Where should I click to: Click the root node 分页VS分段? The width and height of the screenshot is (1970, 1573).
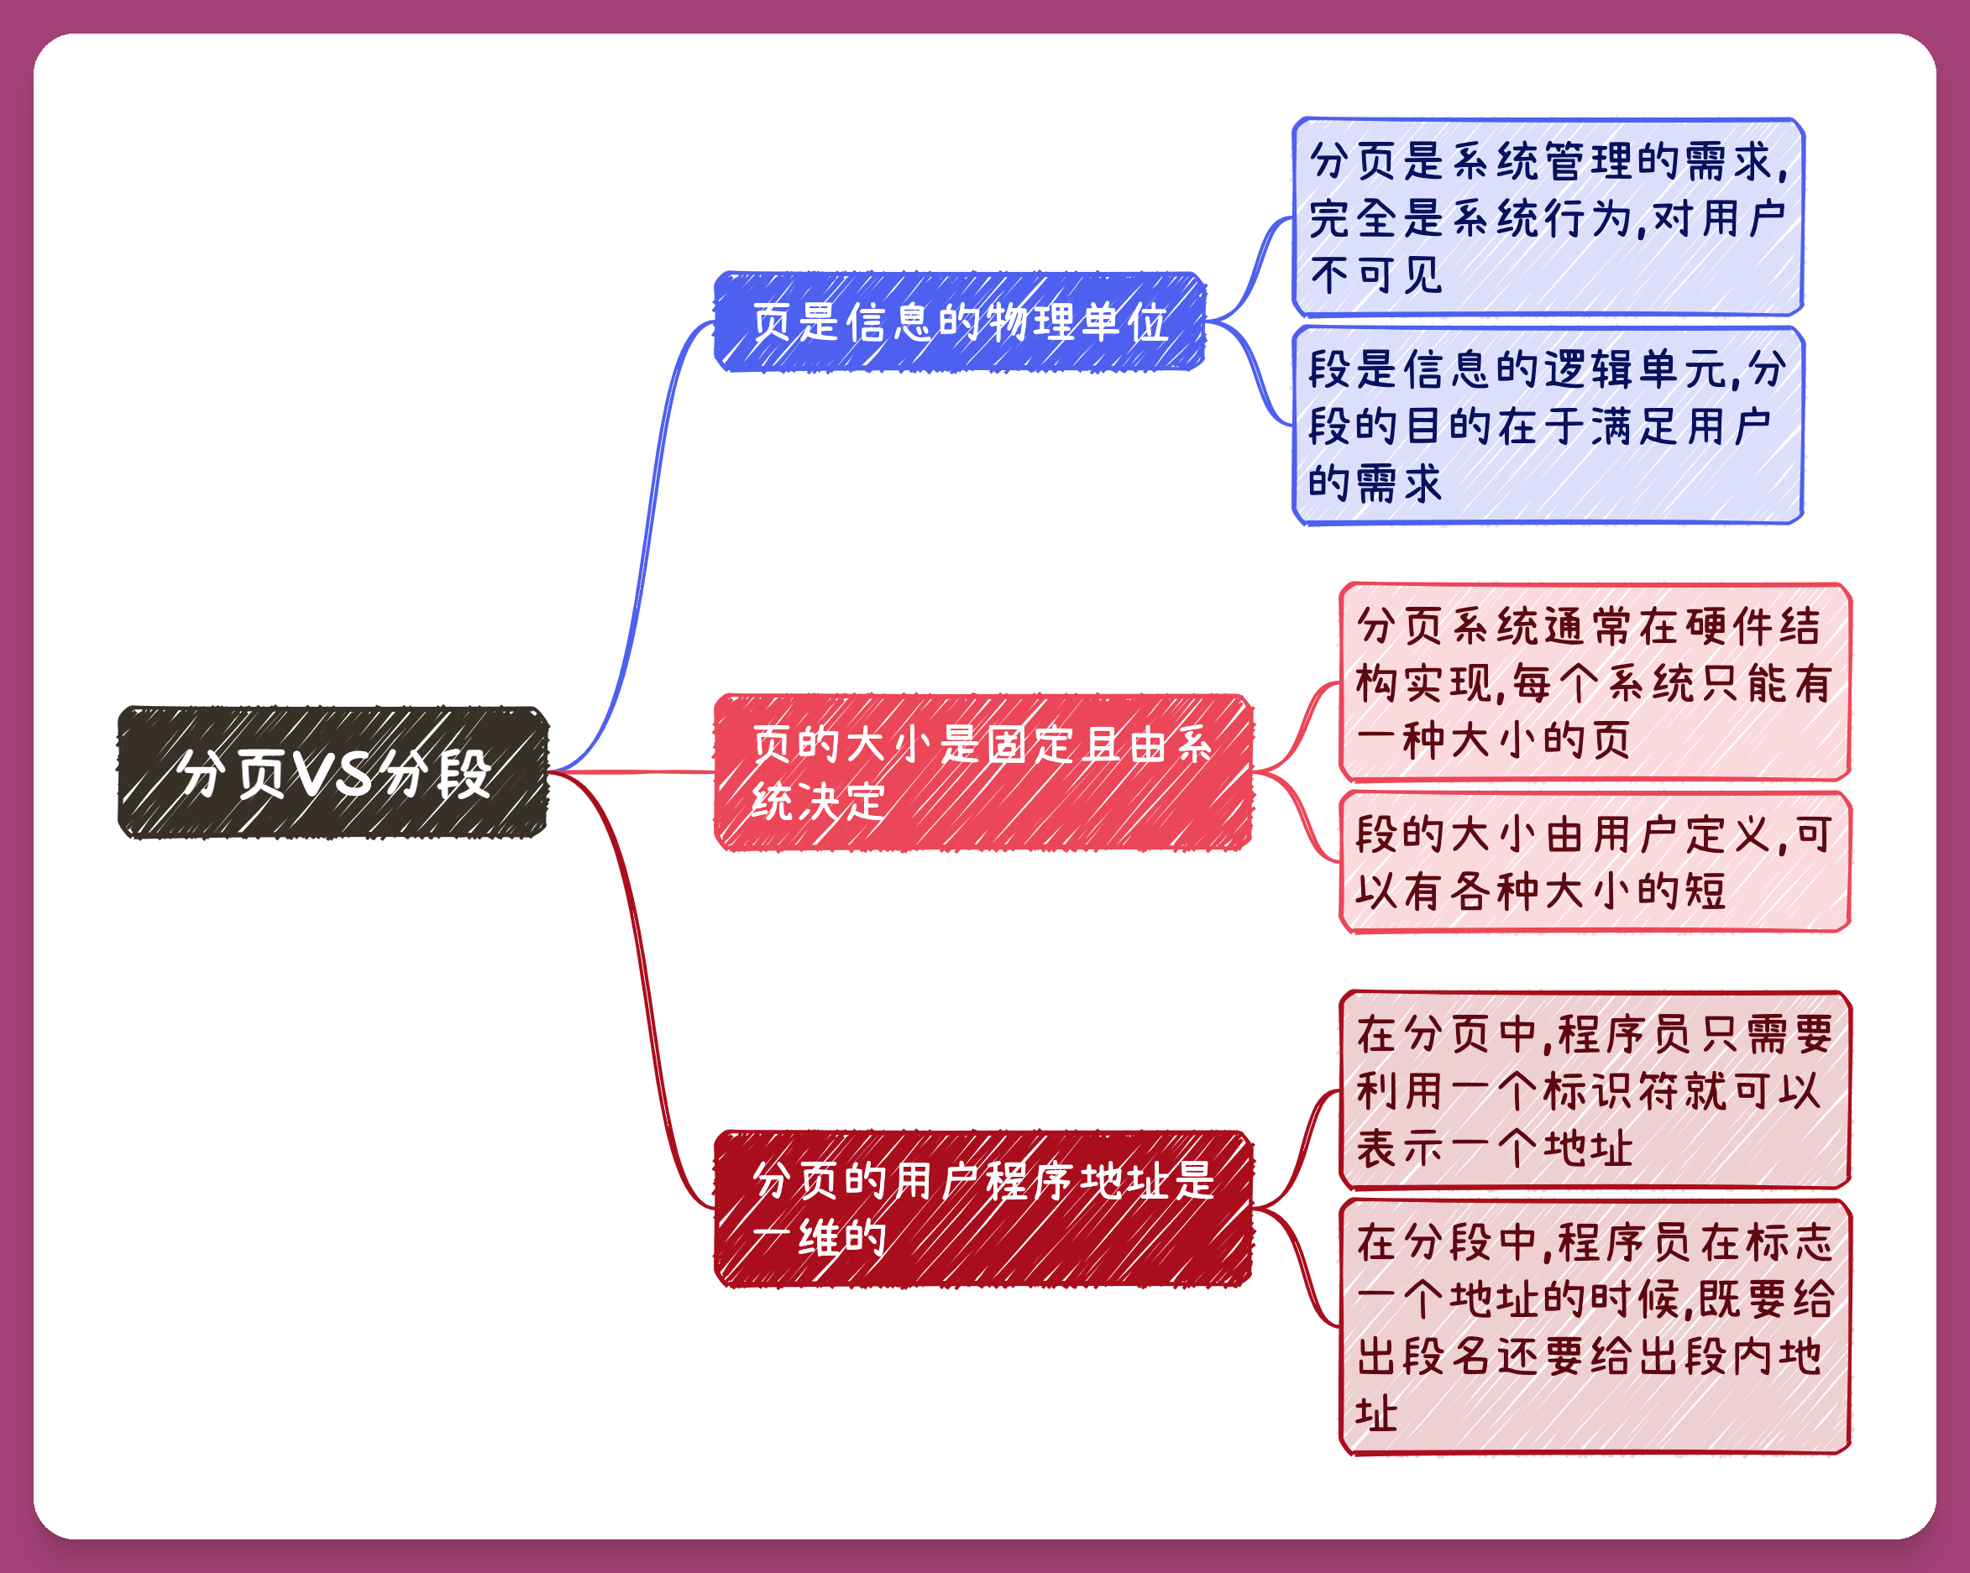(x=333, y=773)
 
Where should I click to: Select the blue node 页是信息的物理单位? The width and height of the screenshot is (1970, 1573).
(x=960, y=321)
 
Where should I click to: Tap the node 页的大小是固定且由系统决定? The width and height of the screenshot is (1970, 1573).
(x=983, y=773)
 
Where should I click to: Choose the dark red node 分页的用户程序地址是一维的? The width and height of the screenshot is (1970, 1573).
(x=983, y=1209)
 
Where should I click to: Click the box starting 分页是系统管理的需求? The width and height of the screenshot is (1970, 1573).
(x=1548, y=217)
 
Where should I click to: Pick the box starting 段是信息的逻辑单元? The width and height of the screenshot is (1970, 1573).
(x=1548, y=426)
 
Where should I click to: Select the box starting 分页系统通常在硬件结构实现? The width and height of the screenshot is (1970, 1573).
(x=1595, y=682)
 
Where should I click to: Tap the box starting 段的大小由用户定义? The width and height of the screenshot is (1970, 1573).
(x=1595, y=862)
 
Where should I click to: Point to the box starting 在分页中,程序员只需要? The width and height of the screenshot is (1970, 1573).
(x=1595, y=1090)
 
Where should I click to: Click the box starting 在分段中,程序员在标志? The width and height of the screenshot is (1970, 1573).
(x=1595, y=1327)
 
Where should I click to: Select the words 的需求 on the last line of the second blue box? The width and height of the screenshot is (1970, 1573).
(x=1375, y=483)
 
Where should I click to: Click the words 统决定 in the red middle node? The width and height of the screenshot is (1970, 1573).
(x=818, y=802)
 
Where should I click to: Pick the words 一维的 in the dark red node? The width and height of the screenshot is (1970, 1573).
(x=820, y=1239)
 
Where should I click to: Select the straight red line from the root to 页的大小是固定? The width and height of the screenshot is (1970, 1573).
(x=631, y=773)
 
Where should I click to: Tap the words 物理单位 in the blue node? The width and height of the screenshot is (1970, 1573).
(x=1078, y=322)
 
